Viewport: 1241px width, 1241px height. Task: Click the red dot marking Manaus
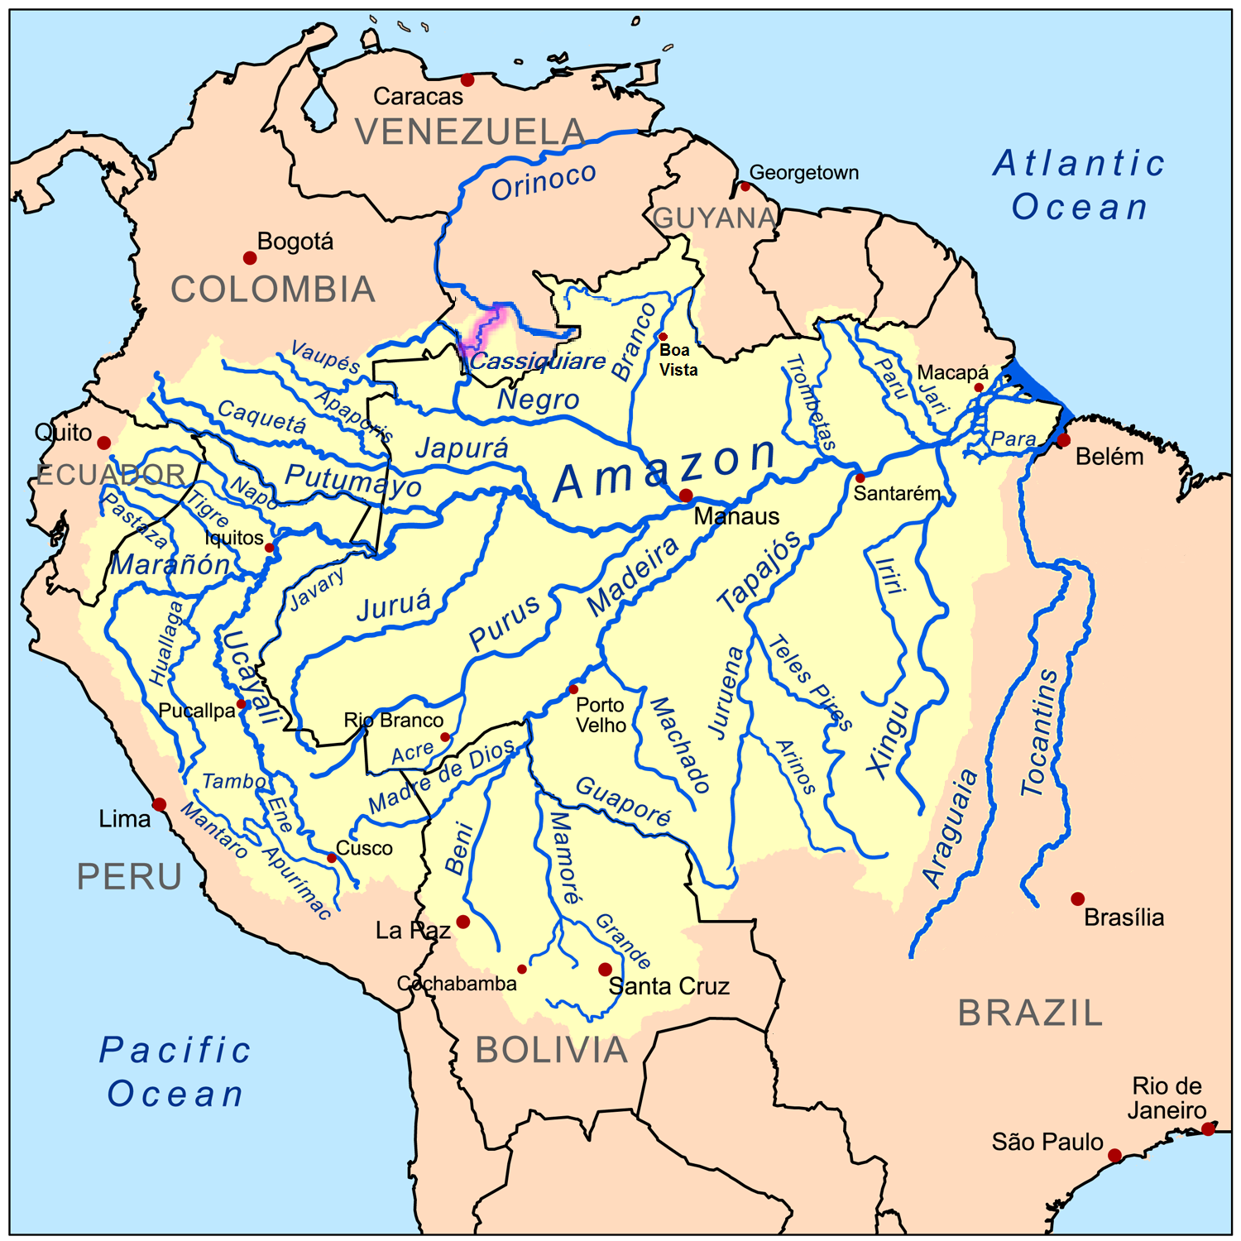(686, 496)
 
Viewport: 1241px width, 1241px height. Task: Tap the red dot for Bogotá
(250, 258)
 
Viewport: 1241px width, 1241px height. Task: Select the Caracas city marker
(467, 79)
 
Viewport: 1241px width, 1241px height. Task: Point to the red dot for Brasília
(1077, 898)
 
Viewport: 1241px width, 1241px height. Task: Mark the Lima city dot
(160, 804)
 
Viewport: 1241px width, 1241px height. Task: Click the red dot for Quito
(104, 443)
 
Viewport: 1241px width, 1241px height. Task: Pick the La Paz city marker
(463, 922)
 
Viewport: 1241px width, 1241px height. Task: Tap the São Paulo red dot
(1114, 1155)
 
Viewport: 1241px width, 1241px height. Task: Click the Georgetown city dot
(745, 186)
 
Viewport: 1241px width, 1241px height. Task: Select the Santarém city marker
(860, 478)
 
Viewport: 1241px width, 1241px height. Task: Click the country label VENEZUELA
(470, 132)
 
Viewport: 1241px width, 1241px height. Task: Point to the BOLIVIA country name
(552, 1050)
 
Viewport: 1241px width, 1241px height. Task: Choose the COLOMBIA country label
(273, 290)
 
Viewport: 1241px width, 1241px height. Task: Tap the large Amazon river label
(666, 470)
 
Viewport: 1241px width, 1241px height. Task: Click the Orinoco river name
(544, 181)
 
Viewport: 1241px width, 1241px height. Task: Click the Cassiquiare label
(538, 362)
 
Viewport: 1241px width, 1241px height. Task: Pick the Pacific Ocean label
(175, 1072)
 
